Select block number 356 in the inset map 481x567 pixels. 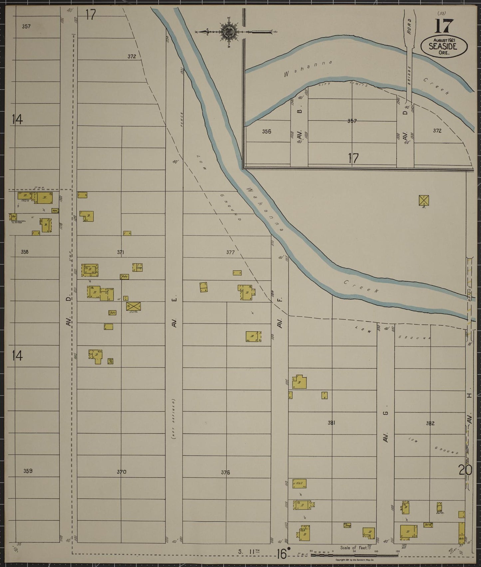[266, 132]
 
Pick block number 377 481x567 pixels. [230, 252]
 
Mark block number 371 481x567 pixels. [120, 252]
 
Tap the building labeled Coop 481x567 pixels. [137, 267]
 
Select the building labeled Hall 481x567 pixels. [299, 483]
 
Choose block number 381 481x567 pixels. [331, 423]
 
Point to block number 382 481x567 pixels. [430, 424]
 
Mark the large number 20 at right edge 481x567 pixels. [465, 470]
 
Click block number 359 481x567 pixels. [28, 471]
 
